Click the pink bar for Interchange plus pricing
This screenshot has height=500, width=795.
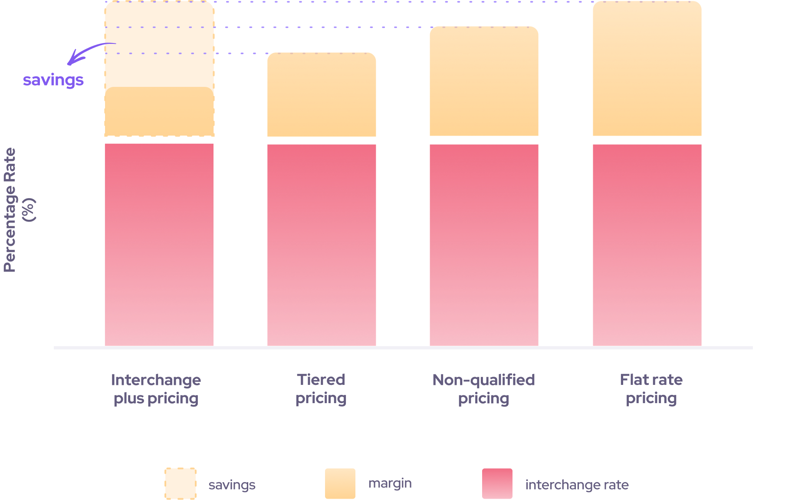click(x=159, y=245)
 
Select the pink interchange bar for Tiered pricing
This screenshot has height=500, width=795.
click(x=322, y=245)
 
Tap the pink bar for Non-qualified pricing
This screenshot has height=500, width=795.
click(x=484, y=245)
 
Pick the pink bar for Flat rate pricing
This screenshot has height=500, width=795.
click(x=647, y=245)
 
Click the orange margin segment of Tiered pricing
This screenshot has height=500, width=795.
click(x=322, y=95)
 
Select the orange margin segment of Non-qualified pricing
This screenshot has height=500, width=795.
click(x=484, y=81)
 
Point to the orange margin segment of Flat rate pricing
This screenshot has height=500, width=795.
click(x=647, y=69)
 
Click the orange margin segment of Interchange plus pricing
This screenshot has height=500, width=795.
click(x=159, y=112)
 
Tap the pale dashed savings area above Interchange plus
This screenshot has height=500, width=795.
click(x=159, y=43)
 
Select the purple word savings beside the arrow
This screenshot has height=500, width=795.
click(x=53, y=80)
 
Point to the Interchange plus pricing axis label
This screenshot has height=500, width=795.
click(x=156, y=389)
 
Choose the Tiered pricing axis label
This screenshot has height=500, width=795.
click(x=321, y=389)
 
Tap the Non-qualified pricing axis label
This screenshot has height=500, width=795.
click(x=483, y=389)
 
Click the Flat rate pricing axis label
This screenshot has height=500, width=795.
click(x=651, y=389)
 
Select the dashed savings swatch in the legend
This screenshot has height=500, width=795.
click(x=181, y=483)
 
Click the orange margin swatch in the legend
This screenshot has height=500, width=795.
click(x=340, y=483)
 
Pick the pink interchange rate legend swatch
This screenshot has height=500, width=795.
click(x=497, y=483)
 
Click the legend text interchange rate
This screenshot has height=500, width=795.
click(x=577, y=485)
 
